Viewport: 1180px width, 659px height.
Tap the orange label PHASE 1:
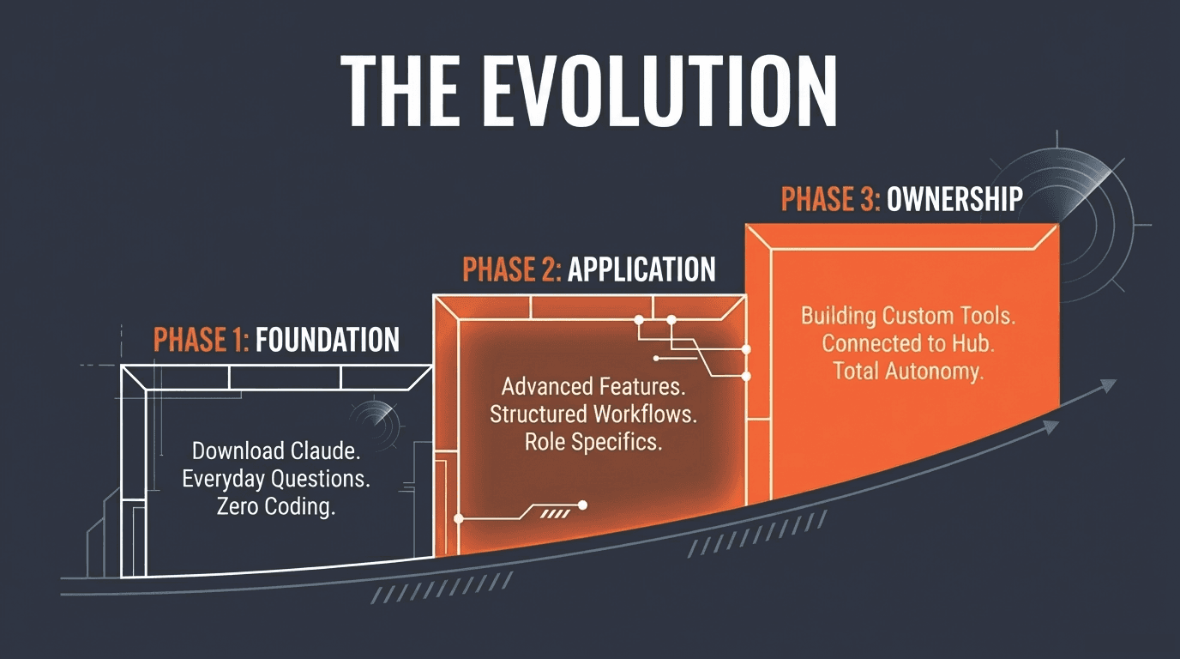tap(201, 340)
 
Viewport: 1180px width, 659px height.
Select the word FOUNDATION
tap(328, 340)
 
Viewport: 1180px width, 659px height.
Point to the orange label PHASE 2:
tap(512, 269)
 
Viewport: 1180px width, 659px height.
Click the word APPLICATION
tap(641, 269)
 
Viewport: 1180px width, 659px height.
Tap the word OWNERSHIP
tap(954, 199)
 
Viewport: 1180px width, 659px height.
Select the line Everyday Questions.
tap(275, 479)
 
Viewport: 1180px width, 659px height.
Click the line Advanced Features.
tap(593, 386)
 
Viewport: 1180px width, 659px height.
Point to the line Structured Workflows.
tap(593, 414)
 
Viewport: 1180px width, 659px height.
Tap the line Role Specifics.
tap(593, 442)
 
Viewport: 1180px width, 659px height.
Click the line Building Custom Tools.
tap(908, 315)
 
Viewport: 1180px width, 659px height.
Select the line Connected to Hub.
tap(908, 343)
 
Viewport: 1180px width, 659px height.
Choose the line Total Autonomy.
tap(908, 372)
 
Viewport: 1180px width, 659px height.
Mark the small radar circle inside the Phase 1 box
tap(376, 421)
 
